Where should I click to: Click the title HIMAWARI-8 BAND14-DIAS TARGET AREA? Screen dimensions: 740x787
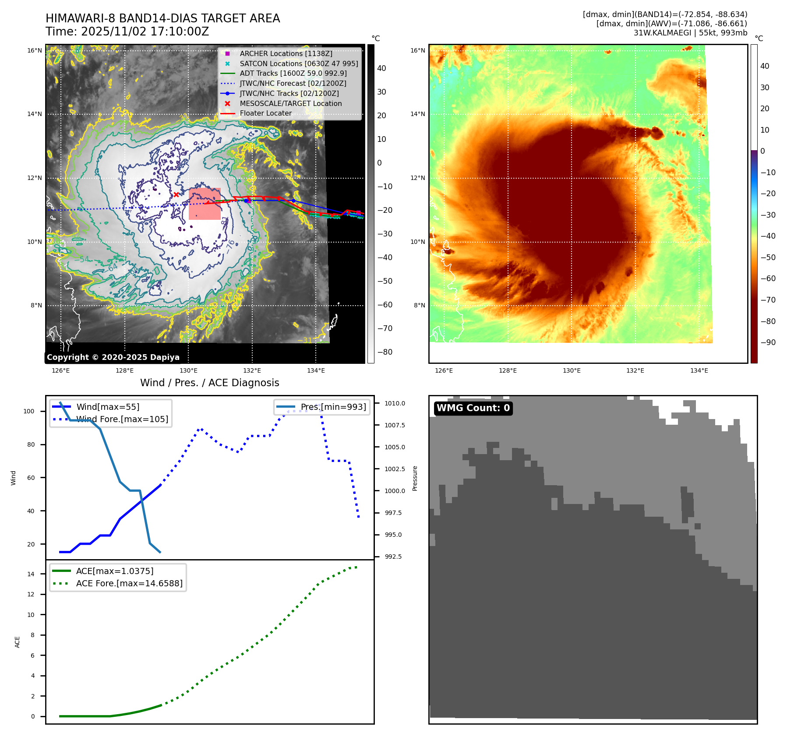(x=162, y=18)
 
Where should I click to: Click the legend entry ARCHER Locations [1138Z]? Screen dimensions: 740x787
(x=286, y=53)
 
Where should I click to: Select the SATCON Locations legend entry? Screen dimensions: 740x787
(x=299, y=63)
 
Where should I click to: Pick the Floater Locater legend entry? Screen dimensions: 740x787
(x=265, y=113)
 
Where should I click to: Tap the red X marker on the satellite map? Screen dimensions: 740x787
(x=176, y=194)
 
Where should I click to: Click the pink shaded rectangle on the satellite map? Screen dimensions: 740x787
(x=205, y=204)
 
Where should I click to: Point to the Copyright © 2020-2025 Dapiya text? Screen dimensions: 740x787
(x=113, y=357)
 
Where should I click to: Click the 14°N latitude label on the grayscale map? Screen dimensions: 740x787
(x=35, y=114)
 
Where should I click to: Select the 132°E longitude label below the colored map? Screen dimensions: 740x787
(x=635, y=370)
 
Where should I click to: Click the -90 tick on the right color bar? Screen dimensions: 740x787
(x=768, y=342)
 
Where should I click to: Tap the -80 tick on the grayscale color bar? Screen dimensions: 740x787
(x=385, y=352)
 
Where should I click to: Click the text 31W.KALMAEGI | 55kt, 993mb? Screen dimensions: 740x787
(x=690, y=33)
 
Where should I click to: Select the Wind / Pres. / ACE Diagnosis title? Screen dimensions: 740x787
(x=209, y=383)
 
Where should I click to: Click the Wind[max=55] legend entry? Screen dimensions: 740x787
(x=108, y=407)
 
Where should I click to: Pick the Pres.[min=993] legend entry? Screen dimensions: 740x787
(x=333, y=407)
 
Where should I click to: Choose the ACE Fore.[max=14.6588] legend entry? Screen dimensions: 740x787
(x=129, y=583)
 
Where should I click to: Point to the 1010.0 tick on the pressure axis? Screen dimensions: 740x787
(x=395, y=403)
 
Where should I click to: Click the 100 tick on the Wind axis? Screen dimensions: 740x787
(x=29, y=411)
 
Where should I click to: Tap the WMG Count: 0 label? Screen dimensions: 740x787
(x=473, y=408)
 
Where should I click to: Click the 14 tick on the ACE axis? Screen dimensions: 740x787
(x=31, y=574)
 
